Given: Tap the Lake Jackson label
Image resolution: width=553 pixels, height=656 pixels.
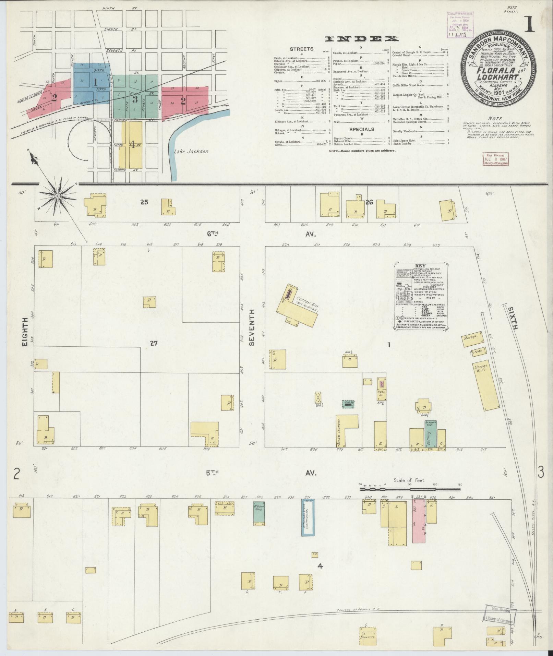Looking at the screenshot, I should point(191,151).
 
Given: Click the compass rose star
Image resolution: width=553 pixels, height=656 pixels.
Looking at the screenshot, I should point(58,196).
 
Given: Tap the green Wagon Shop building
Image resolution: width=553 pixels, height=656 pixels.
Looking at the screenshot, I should point(259,518).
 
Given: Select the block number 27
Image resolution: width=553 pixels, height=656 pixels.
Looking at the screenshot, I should point(154,343).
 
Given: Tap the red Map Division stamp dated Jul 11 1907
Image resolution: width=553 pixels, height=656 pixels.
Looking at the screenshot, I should point(495,159).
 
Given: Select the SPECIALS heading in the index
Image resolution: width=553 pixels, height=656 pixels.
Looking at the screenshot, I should point(362,129).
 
